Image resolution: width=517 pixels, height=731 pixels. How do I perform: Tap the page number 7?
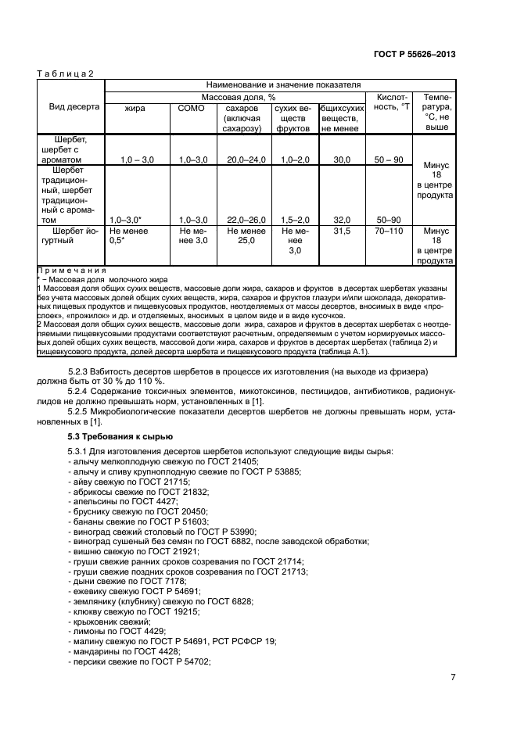[453, 677]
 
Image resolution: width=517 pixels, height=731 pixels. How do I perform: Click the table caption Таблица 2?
[66, 73]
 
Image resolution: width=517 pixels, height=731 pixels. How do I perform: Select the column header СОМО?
[192, 108]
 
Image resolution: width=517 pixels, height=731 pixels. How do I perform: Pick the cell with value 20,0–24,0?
[246, 159]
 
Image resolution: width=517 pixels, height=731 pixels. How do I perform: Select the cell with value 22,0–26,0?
[246, 220]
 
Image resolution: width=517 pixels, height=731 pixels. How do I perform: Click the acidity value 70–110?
[389, 231]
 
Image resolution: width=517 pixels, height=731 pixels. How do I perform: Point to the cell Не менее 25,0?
[246, 236]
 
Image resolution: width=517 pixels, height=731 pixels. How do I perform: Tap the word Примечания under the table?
[72, 270]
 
